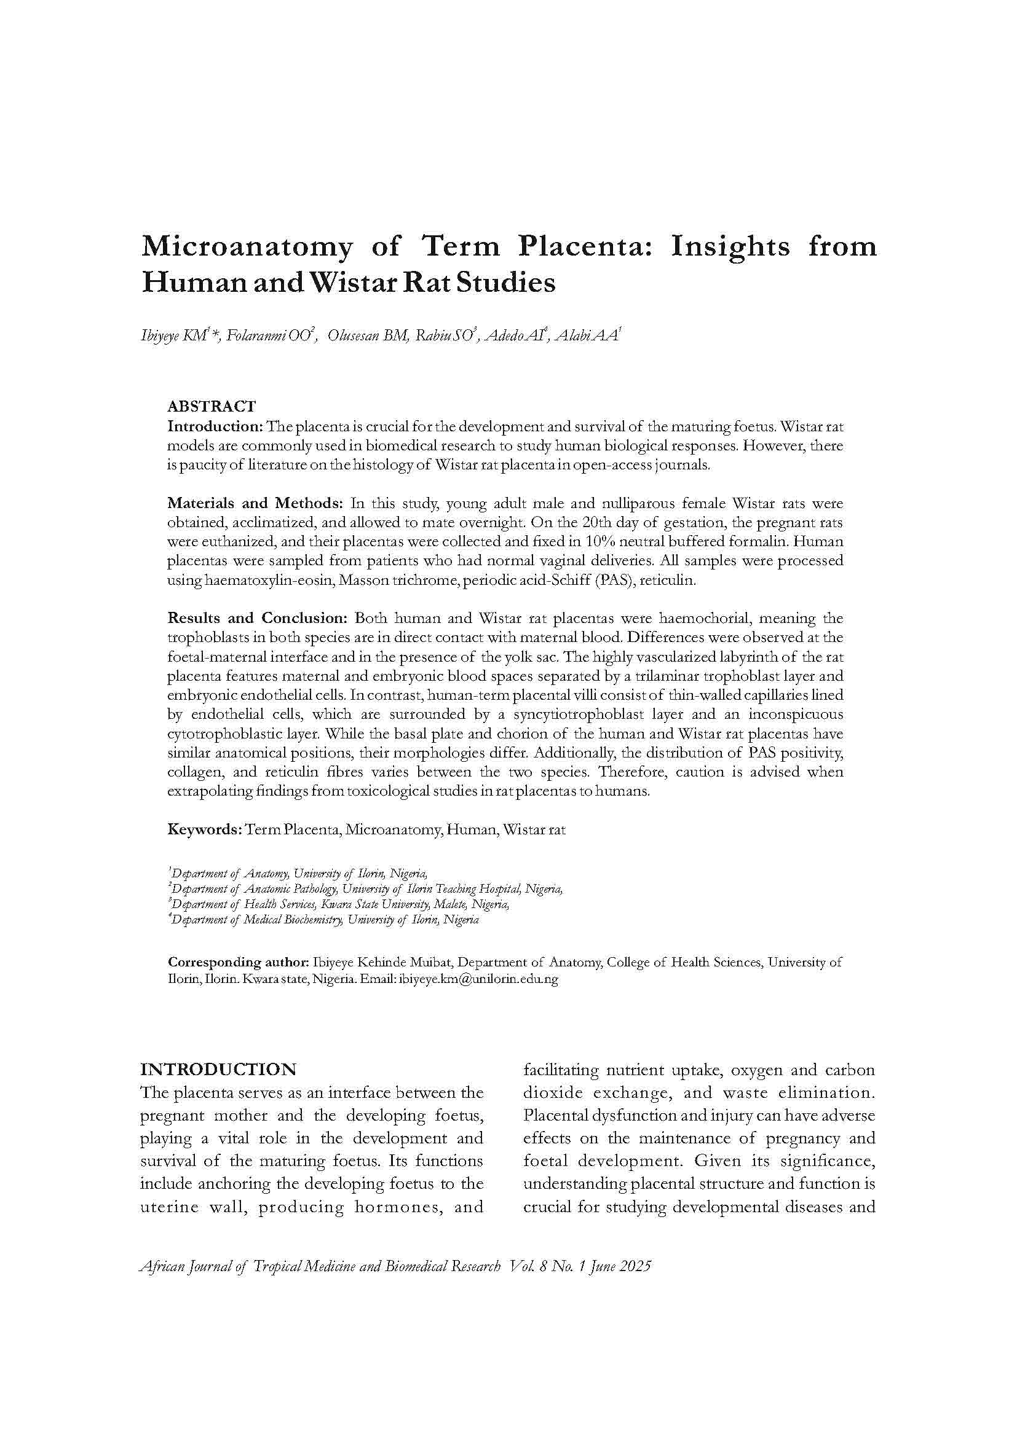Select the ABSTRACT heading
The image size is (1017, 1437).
coord(212,407)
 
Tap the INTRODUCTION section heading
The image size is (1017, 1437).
coord(218,1069)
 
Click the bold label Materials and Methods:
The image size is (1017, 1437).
coord(256,503)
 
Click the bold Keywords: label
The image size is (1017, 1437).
coord(205,830)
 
